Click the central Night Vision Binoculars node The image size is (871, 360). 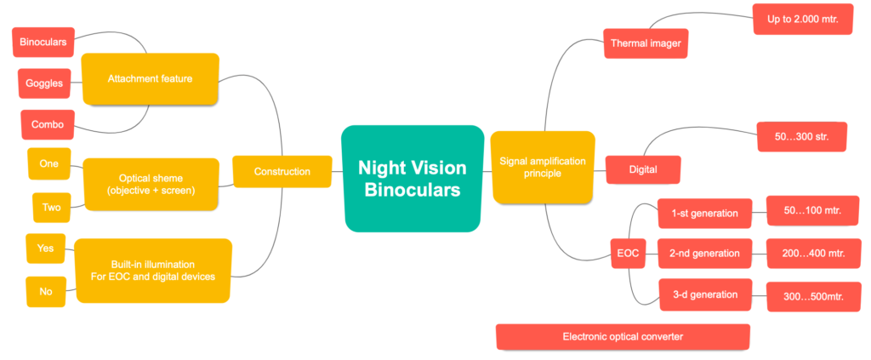[412, 179]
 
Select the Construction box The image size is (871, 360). [282, 172]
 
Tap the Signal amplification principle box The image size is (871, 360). [543, 167]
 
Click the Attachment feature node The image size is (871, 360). [150, 79]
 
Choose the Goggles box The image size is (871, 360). [44, 83]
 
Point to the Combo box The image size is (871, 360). [48, 124]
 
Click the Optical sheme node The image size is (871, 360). [151, 185]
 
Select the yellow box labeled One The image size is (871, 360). [48, 164]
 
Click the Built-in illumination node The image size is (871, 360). [153, 270]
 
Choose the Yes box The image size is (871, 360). [45, 249]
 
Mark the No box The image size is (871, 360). [45, 291]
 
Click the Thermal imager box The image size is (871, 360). [645, 43]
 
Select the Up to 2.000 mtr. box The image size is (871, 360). [802, 19]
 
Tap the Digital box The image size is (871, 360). [643, 169]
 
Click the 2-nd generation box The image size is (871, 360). [704, 253]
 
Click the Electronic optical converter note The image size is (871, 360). [622, 336]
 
